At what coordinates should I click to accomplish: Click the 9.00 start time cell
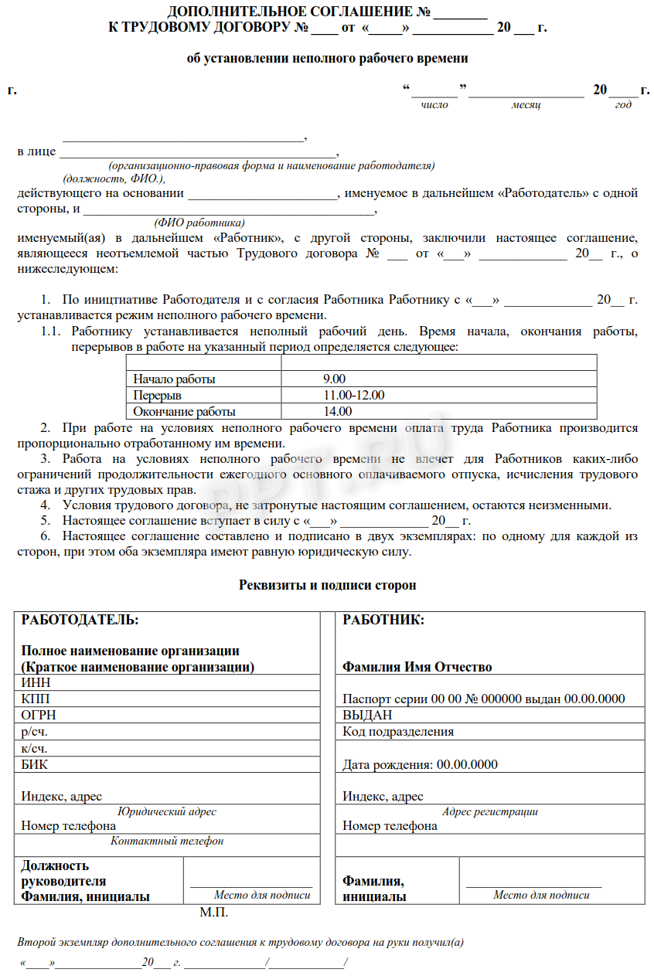coord(334,379)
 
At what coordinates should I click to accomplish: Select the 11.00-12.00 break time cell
coord(354,396)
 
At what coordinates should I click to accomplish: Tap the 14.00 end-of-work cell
coord(338,412)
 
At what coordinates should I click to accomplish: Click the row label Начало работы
coord(174,379)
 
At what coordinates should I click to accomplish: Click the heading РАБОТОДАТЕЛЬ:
coord(80,620)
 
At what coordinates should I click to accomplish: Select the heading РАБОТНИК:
coord(383,620)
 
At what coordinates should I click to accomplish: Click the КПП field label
coord(36,699)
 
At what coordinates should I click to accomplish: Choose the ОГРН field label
coord(39,715)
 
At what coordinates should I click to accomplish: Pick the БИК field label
coord(35,764)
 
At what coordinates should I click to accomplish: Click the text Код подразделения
coord(398,731)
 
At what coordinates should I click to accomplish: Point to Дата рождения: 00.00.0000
coord(420,764)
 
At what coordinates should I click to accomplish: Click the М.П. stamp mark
coord(213,913)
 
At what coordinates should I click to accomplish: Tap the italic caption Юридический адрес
coord(166,811)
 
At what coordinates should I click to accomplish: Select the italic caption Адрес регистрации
coord(489,811)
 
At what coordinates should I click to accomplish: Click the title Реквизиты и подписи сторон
coord(327,585)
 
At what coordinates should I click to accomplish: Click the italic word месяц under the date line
coord(526,104)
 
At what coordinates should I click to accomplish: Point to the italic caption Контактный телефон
coord(167,841)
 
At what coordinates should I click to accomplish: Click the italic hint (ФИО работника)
coord(199,222)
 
